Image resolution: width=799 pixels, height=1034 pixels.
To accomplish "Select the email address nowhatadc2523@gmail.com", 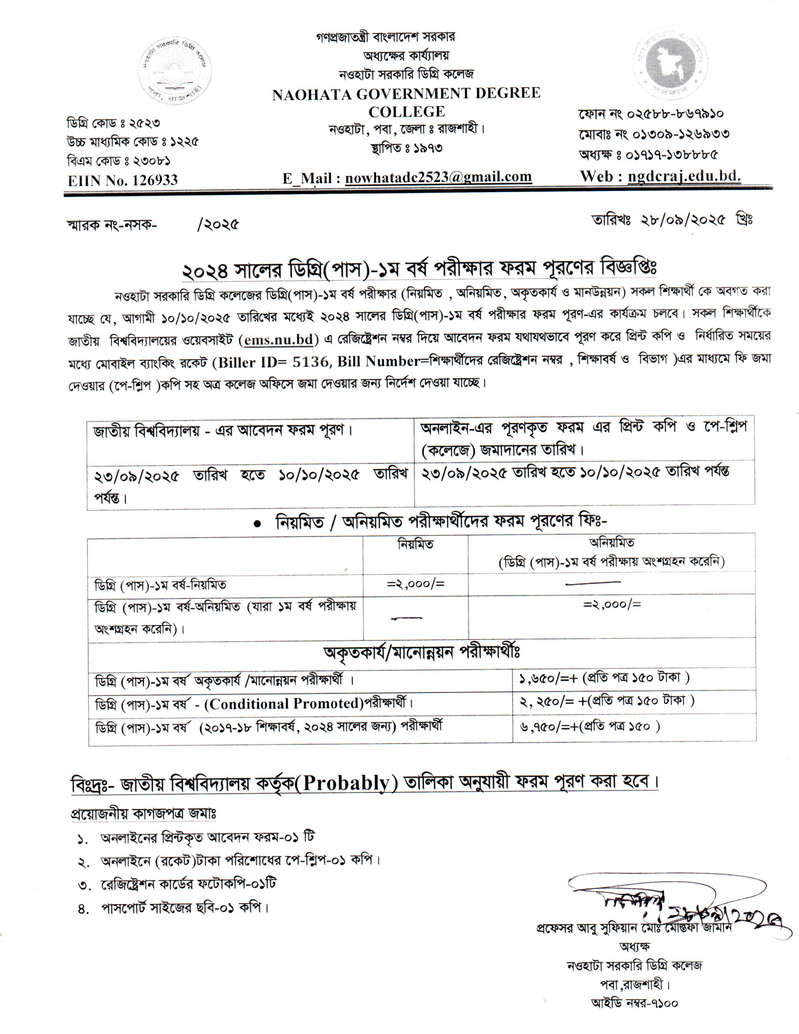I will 439,178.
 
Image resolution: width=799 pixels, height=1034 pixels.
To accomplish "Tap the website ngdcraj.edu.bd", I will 684,177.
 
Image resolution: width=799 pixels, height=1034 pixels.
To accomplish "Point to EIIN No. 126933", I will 123,180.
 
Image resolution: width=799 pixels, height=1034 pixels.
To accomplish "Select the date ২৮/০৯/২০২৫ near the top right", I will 682,220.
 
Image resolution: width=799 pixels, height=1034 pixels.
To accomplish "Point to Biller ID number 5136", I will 311,362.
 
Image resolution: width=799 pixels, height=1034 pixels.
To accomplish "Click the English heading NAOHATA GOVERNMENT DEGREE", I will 406,94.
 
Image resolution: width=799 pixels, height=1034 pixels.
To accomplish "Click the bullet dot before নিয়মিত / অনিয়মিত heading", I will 258,524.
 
